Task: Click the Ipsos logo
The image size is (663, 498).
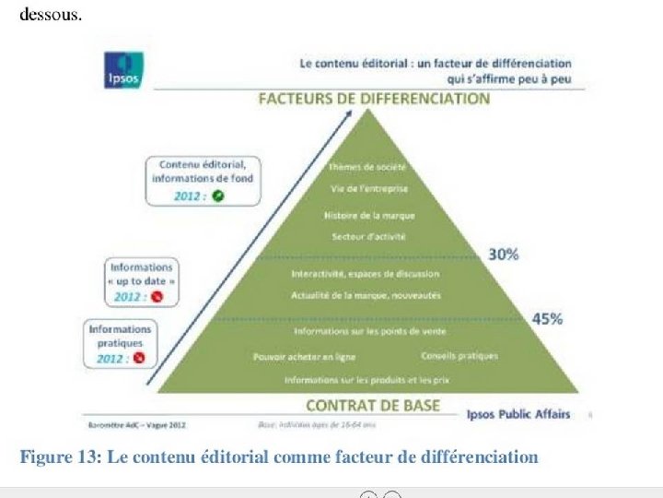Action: coord(124,72)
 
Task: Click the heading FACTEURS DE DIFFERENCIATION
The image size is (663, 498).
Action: coord(373,99)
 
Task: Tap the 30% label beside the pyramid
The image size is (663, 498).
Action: coord(503,255)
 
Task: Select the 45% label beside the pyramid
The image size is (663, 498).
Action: coord(549,319)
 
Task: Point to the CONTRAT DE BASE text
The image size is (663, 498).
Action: coord(372,405)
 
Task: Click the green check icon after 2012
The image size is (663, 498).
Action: coord(218,196)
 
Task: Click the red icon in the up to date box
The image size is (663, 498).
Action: coord(157,297)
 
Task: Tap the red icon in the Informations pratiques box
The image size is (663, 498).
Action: coord(139,358)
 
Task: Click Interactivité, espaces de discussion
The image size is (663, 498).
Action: coord(366,275)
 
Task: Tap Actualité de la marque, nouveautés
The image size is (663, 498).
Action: coord(366,295)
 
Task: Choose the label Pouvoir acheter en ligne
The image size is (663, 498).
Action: coord(304,356)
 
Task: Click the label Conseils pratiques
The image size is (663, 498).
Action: coord(459,355)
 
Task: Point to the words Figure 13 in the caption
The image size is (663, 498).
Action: coord(59,457)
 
